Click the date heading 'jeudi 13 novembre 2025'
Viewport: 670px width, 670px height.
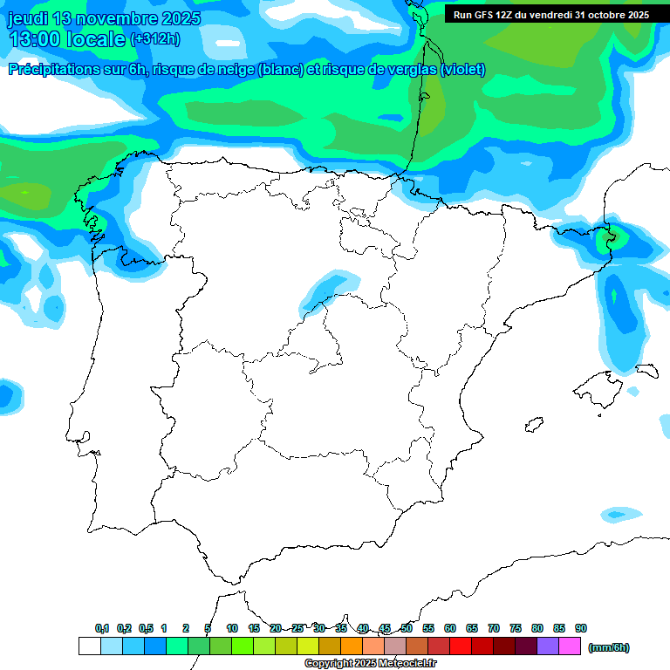coord(104,18)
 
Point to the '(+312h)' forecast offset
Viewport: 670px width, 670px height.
coord(155,39)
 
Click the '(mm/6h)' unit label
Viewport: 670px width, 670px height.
coord(609,647)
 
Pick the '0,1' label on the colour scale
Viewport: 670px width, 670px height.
coord(102,629)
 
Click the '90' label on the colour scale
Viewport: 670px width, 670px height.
coord(581,629)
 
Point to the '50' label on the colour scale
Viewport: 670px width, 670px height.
coord(407,629)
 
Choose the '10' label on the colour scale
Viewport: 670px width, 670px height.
coord(232,629)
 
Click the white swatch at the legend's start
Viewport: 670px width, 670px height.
coord(89,646)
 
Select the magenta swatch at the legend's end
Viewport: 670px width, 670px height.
coord(570,646)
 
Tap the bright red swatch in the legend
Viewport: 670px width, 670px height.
coord(461,646)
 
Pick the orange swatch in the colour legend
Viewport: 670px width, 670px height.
coord(352,646)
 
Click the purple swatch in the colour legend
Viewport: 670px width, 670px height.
coord(548,646)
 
